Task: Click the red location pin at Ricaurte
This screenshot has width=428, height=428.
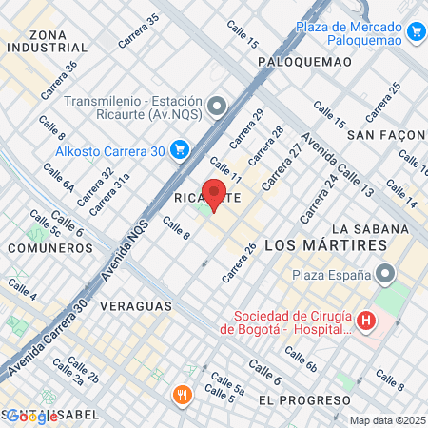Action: pos(215,193)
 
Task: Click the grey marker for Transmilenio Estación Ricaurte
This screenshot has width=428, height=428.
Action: pos(218,106)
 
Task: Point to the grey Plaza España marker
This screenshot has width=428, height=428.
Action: pos(385,276)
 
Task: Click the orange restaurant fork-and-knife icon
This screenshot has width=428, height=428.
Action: pos(180,394)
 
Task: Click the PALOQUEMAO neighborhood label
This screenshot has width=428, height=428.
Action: pos(304,62)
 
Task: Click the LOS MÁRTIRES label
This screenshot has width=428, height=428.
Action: pos(326,245)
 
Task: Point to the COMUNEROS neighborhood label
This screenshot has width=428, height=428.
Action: pos(49,248)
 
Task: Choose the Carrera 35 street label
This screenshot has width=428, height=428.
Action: pos(139,31)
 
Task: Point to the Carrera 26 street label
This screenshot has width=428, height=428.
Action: pos(239,263)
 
